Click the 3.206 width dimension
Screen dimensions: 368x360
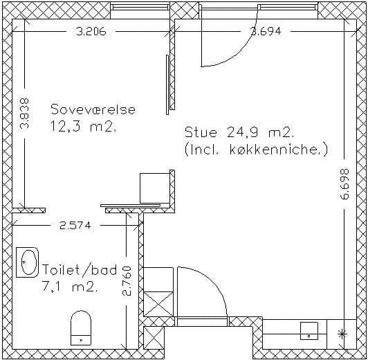(x=91, y=31)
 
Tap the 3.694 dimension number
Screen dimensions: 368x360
(x=266, y=31)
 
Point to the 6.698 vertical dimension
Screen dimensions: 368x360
(x=344, y=184)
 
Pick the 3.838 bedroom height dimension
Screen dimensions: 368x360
(x=24, y=114)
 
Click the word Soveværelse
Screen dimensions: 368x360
(x=93, y=109)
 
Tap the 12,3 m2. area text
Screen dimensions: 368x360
(x=83, y=127)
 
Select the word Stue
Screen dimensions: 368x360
(x=201, y=132)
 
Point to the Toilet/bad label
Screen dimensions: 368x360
(x=80, y=269)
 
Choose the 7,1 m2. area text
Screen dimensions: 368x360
(x=70, y=287)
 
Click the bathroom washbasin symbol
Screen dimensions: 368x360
(x=27, y=262)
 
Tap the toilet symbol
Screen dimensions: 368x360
(x=81, y=327)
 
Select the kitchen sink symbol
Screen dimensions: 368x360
(x=309, y=331)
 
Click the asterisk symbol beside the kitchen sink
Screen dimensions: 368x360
(x=342, y=334)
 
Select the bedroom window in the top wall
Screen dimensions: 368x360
(x=140, y=7)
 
